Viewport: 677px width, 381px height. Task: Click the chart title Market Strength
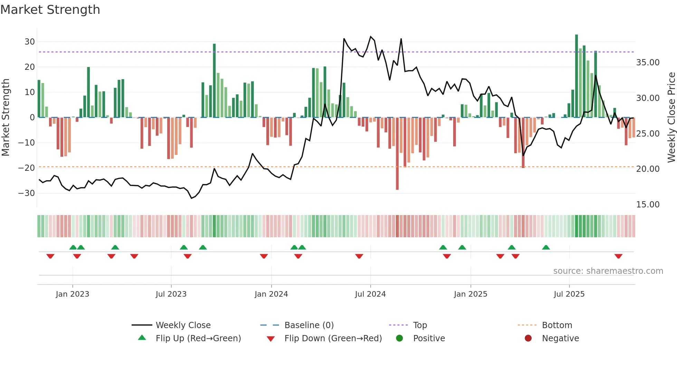click(50, 10)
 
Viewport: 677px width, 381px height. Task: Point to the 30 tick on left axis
click(30, 42)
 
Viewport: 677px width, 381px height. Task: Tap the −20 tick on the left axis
click(27, 168)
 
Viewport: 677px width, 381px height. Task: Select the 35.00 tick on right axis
click(648, 63)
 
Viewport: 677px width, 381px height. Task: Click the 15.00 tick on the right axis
click(648, 205)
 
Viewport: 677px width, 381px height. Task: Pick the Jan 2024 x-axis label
click(271, 294)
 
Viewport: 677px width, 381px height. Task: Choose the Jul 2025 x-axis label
click(569, 294)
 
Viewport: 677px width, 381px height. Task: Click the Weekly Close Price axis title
click(671, 118)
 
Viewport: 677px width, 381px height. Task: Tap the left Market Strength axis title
click(6, 118)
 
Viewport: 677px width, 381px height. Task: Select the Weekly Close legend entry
click(183, 325)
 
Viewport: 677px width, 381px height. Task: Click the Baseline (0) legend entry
click(309, 325)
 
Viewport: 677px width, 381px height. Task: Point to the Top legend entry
click(420, 325)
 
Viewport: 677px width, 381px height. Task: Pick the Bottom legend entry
click(557, 325)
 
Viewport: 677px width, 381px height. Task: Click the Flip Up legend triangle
click(142, 338)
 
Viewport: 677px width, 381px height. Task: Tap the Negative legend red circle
click(528, 338)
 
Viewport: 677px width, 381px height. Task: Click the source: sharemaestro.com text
click(608, 271)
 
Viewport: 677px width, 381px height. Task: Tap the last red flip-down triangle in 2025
click(618, 256)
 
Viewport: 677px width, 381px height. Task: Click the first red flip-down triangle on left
click(50, 256)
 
